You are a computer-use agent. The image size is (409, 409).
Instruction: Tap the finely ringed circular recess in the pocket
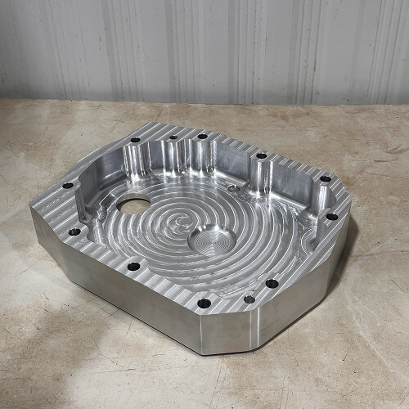pyautogui.click(x=212, y=240)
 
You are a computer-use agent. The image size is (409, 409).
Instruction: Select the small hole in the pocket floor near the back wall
pyautogui.click(x=232, y=188)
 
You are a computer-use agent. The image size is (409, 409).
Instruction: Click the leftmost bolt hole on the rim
pyautogui.click(x=67, y=186)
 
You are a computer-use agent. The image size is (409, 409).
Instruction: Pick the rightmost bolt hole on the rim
pyautogui.click(x=331, y=217)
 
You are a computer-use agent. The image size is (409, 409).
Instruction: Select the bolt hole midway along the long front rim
pyautogui.click(x=133, y=266)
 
